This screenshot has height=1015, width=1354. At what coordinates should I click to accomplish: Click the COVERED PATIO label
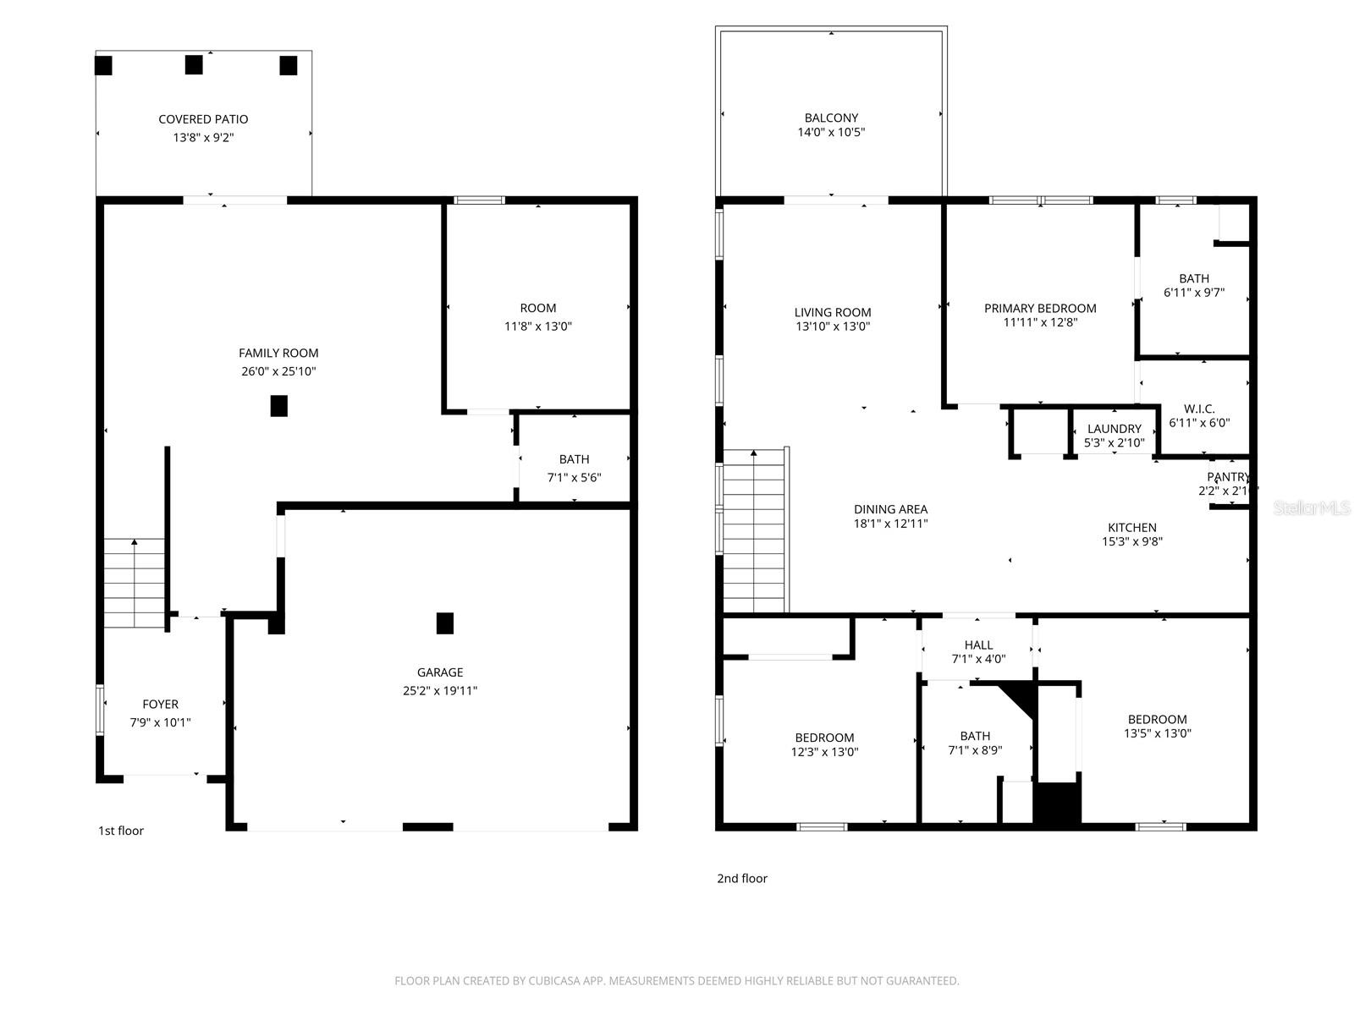click(203, 119)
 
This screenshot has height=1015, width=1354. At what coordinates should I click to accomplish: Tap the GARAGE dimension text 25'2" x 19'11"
click(440, 690)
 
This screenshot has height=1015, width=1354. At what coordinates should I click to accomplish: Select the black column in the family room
click(278, 406)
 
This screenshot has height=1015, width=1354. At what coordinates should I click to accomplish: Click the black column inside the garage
click(444, 623)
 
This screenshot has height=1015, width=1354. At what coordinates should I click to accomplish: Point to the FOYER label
click(160, 704)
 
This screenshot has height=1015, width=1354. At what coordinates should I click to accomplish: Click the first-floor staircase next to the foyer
click(134, 584)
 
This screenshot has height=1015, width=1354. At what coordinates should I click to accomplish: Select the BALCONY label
click(831, 118)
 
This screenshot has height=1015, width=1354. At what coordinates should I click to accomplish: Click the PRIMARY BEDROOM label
click(1040, 308)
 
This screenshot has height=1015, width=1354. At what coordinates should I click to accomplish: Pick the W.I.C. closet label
click(1199, 409)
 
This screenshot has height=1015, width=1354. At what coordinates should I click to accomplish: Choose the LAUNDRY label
click(1114, 429)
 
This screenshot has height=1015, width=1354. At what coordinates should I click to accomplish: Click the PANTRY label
click(1228, 477)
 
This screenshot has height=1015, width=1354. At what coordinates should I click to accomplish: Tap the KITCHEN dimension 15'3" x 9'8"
click(1131, 541)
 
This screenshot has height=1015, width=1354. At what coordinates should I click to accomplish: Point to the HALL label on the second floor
click(978, 645)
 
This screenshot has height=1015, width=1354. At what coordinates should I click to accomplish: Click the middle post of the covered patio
click(194, 64)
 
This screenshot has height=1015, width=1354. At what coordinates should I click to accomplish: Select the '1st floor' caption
click(121, 831)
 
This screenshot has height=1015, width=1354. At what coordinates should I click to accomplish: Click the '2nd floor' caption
click(742, 878)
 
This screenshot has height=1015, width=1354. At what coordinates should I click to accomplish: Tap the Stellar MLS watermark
click(1312, 507)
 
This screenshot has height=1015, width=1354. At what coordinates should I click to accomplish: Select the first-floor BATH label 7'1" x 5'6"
click(574, 459)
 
